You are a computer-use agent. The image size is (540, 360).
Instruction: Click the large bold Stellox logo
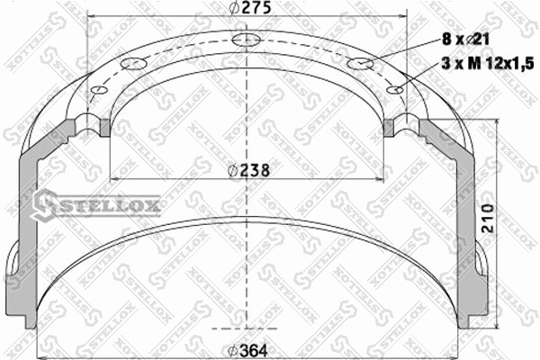point(96,208)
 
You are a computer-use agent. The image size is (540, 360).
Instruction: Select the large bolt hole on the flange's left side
point(132,63)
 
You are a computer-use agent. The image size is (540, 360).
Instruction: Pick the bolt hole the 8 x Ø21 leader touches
point(360,63)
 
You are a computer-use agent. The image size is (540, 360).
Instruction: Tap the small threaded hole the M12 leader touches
point(395,88)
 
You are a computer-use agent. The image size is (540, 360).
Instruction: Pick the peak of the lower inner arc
point(245,219)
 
